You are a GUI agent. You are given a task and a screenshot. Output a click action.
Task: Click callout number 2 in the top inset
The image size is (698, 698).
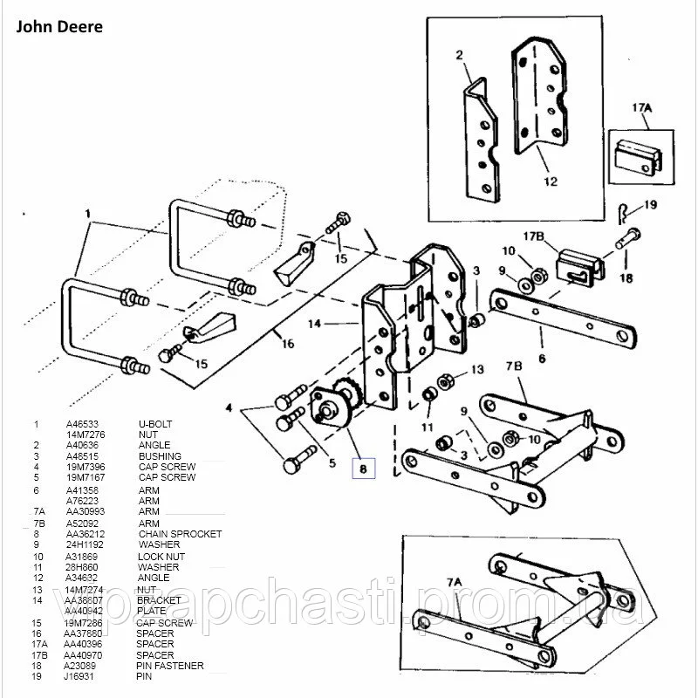[x=458, y=55]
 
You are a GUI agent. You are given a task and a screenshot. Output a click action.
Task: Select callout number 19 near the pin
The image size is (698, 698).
[x=650, y=205]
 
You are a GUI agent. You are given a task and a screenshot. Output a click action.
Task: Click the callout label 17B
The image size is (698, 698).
[x=534, y=236]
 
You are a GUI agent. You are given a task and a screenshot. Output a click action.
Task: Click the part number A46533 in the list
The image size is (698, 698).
[x=80, y=424]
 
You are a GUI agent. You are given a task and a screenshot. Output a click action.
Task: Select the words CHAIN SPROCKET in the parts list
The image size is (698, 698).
[x=180, y=534]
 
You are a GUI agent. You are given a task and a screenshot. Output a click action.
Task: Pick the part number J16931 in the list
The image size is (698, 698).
[x=79, y=676]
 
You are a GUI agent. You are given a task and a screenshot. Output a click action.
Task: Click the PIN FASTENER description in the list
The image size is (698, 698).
[x=171, y=666]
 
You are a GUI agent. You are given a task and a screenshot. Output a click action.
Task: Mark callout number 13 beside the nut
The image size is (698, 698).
[x=476, y=370]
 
